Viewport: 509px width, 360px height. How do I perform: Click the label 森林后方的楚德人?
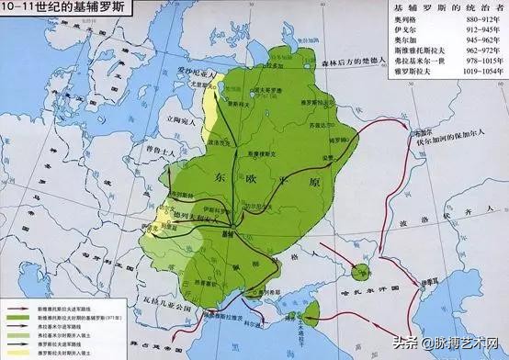tap(348, 62)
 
